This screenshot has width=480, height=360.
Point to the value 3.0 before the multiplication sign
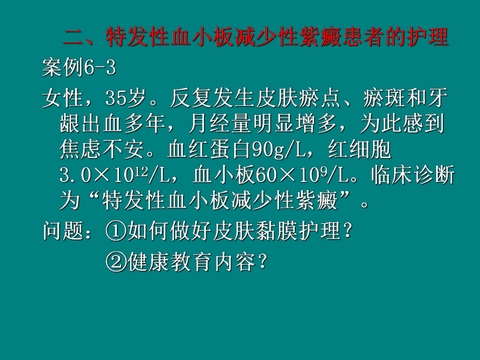77,176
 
